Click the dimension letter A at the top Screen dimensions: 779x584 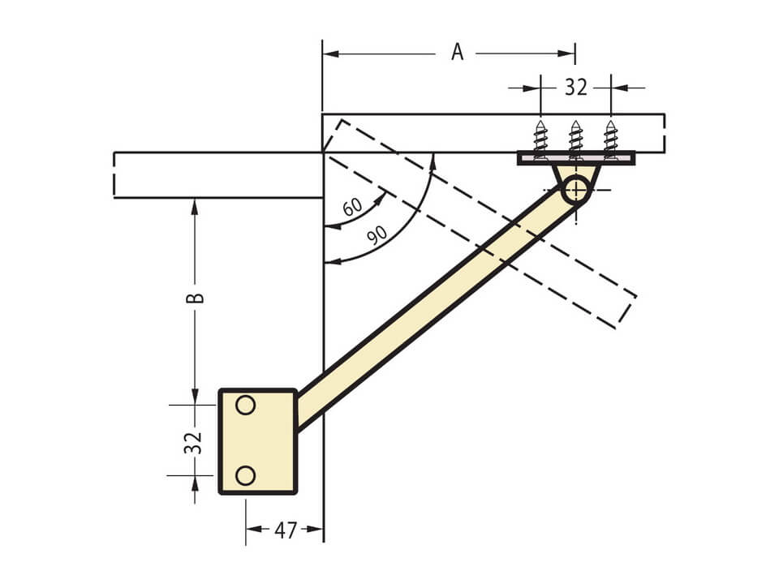coord(458,52)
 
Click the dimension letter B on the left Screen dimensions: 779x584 coord(195,298)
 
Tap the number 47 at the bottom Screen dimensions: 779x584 coord(286,530)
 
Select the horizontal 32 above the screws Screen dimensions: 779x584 coord(576,88)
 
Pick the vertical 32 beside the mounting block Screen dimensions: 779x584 coord(193,443)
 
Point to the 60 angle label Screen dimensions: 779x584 coord(352,207)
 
